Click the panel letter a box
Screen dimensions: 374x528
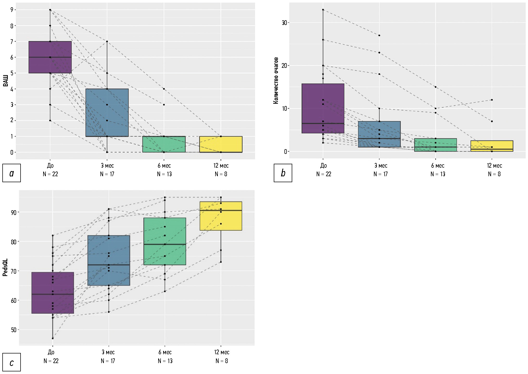point(11,173)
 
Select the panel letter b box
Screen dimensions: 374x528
point(283,173)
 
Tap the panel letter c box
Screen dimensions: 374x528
point(11,362)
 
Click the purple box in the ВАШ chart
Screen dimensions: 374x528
point(50,57)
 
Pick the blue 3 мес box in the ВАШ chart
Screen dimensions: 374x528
point(107,113)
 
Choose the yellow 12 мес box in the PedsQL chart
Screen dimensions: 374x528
point(221,216)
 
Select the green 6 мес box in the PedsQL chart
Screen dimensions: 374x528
point(165,241)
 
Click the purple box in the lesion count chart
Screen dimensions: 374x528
point(323,108)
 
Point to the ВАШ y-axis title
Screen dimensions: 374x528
point(5,81)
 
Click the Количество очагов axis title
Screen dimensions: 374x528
point(276,81)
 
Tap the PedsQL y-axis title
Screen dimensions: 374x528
point(5,267)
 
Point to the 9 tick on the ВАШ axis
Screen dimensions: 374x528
point(12,10)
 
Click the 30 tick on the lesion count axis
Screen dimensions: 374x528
point(284,23)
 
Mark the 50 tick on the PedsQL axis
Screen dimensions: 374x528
point(14,330)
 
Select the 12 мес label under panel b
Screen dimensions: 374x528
point(494,166)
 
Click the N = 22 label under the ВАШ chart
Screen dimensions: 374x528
point(50,174)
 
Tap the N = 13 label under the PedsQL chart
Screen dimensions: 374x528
point(165,361)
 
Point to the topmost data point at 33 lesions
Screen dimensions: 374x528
point(323,10)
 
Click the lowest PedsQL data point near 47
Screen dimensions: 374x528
point(53,338)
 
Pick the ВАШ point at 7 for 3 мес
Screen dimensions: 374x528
point(107,41)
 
